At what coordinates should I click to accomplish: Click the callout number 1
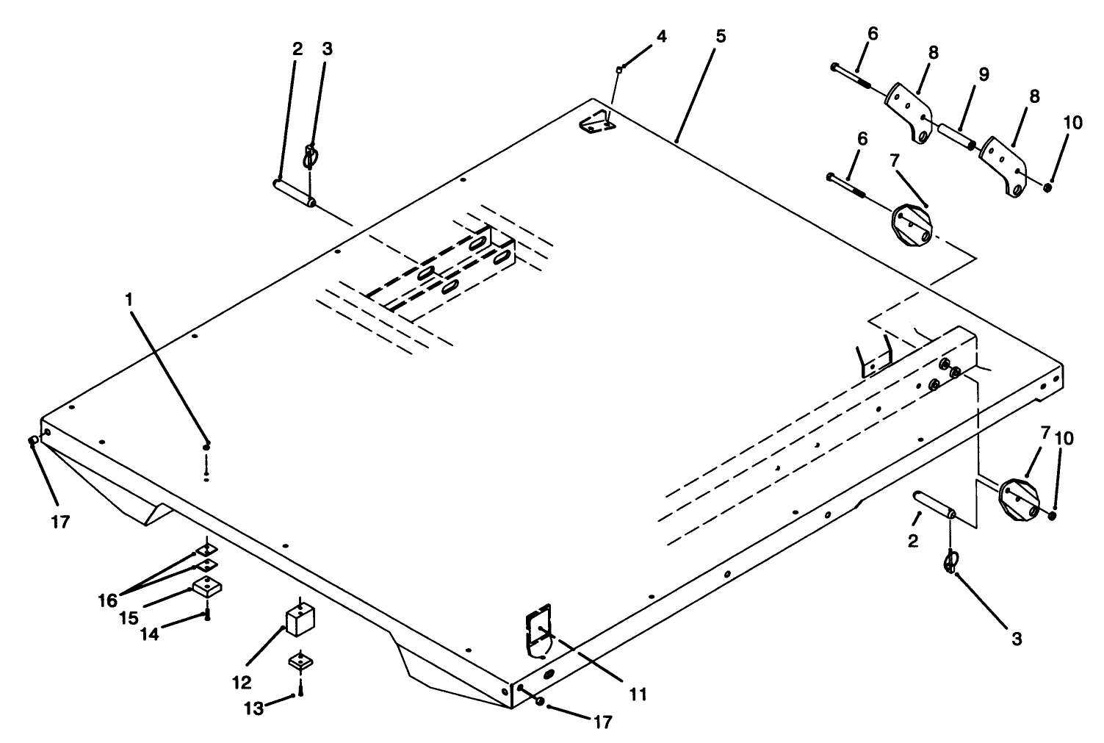pyautogui.click(x=129, y=301)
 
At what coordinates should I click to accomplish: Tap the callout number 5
pyautogui.click(x=720, y=36)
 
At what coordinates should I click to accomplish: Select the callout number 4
pyautogui.click(x=662, y=36)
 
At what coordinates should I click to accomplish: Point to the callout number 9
pyautogui.click(x=984, y=74)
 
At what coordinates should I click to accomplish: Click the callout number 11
pyautogui.click(x=638, y=692)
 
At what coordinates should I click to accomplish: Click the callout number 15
pyautogui.click(x=129, y=616)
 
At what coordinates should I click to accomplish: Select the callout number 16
pyautogui.click(x=107, y=600)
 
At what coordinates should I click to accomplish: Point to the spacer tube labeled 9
pyautogui.click(x=957, y=137)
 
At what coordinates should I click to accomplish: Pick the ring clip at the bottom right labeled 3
pyautogui.click(x=950, y=562)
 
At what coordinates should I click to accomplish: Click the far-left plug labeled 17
pyautogui.click(x=33, y=440)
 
